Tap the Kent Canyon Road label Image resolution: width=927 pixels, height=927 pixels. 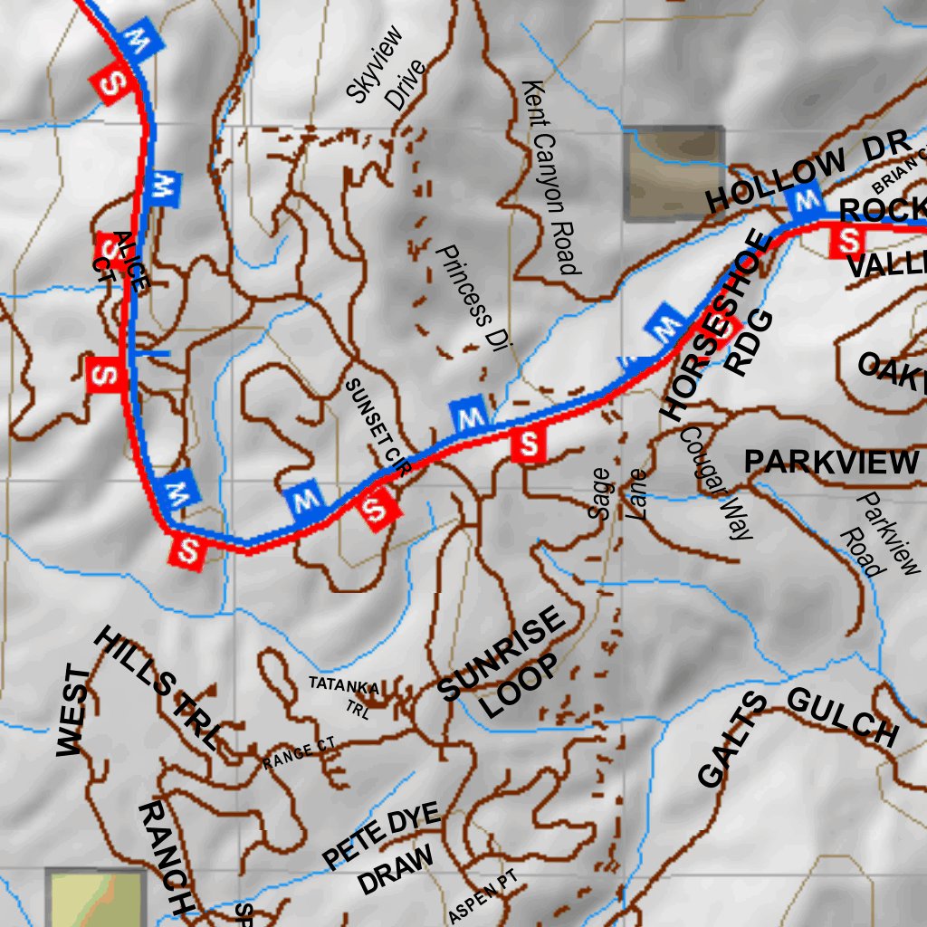tap(550, 177)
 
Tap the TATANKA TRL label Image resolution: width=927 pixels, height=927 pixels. tap(345, 695)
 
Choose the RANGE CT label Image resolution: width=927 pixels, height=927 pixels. tap(299, 754)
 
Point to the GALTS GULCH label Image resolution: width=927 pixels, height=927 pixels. tap(797, 738)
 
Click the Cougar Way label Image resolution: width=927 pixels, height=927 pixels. tap(715, 483)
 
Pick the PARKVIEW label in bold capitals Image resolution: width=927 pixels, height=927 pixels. tap(830, 463)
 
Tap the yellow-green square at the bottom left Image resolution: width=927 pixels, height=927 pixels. tap(96, 899)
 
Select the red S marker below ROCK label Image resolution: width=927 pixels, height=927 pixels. tap(850, 241)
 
